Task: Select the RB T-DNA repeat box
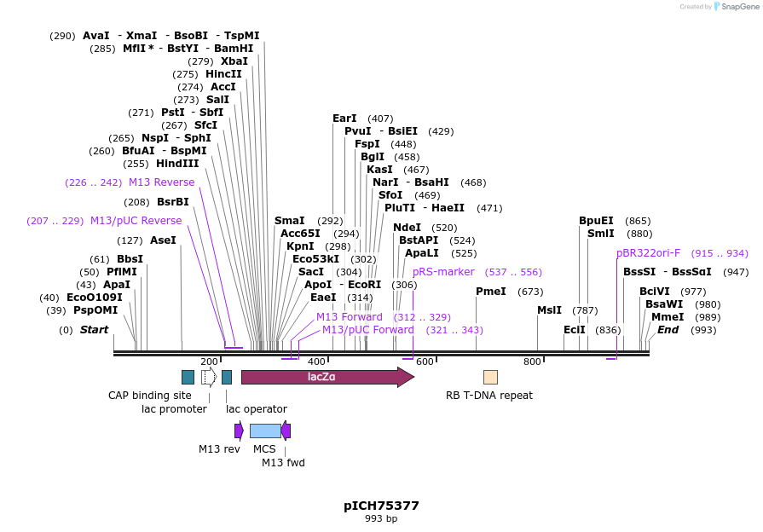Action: pyautogui.click(x=490, y=377)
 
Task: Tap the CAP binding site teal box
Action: pyautogui.click(x=188, y=377)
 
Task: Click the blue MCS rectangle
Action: pyautogui.click(x=265, y=431)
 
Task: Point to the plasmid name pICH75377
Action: pyautogui.click(x=381, y=506)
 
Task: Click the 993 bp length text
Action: pyautogui.click(x=381, y=518)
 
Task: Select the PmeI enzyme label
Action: pyautogui.click(x=491, y=292)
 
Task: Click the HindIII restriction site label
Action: pyautogui.click(x=177, y=164)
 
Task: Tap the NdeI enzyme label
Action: pyautogui.click(x=407, y=228)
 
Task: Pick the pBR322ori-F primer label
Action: pyautogui.click(x=649, y=252)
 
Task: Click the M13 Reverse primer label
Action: pyautogui.click(x=161, y=182)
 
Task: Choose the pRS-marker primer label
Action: pyautogui.click(x=443, y=272)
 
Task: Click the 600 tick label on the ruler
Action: pyautogui.click(x=425, y=361)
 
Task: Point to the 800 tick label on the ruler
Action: pyautogui.click(x=533, y=361)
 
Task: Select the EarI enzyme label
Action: pyautogui.click(x=344, y=119)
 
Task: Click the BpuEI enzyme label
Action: pyautogui.click(x=596, y=221)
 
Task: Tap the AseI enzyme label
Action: pyautogui.click(x=163, y=240)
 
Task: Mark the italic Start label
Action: pyautogui.click(x=94, y=330)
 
